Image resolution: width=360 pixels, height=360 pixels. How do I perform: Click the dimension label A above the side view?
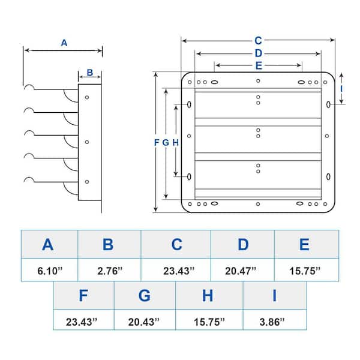click(x=64, y=43)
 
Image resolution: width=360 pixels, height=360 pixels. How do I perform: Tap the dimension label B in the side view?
click(x=89, y=73)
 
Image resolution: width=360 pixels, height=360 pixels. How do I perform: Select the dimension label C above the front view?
click(x=258, y=41)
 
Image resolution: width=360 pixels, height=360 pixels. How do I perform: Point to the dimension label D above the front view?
click(x=258, y=54)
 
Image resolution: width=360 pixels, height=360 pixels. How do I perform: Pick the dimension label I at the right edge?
click(x=341, y=88)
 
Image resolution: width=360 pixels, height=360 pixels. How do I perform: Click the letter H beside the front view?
click(x=176, y=142)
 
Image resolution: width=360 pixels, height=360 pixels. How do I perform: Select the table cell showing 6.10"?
click(x=49, y=271)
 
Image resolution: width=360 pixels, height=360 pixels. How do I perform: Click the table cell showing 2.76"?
click(x=109, y=271)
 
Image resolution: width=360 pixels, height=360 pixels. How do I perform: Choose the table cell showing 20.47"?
click(x=242, y=271)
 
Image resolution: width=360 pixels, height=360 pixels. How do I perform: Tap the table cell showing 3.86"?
click(x=274, y=322)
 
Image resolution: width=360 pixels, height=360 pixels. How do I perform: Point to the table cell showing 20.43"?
click(x=145, y=322)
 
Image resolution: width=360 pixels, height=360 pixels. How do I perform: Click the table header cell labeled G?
click(x=145, y=296)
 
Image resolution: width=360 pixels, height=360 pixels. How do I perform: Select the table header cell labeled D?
click(x=242, y=244)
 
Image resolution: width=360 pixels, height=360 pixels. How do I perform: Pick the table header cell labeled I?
click(x=274, y=296)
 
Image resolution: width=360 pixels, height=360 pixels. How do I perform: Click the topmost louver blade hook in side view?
click(x=28, y=88)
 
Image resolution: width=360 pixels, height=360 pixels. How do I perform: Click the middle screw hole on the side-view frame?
click(x=87, y=142)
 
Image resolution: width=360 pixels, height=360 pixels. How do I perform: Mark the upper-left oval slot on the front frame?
click(x=190, y=104)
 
